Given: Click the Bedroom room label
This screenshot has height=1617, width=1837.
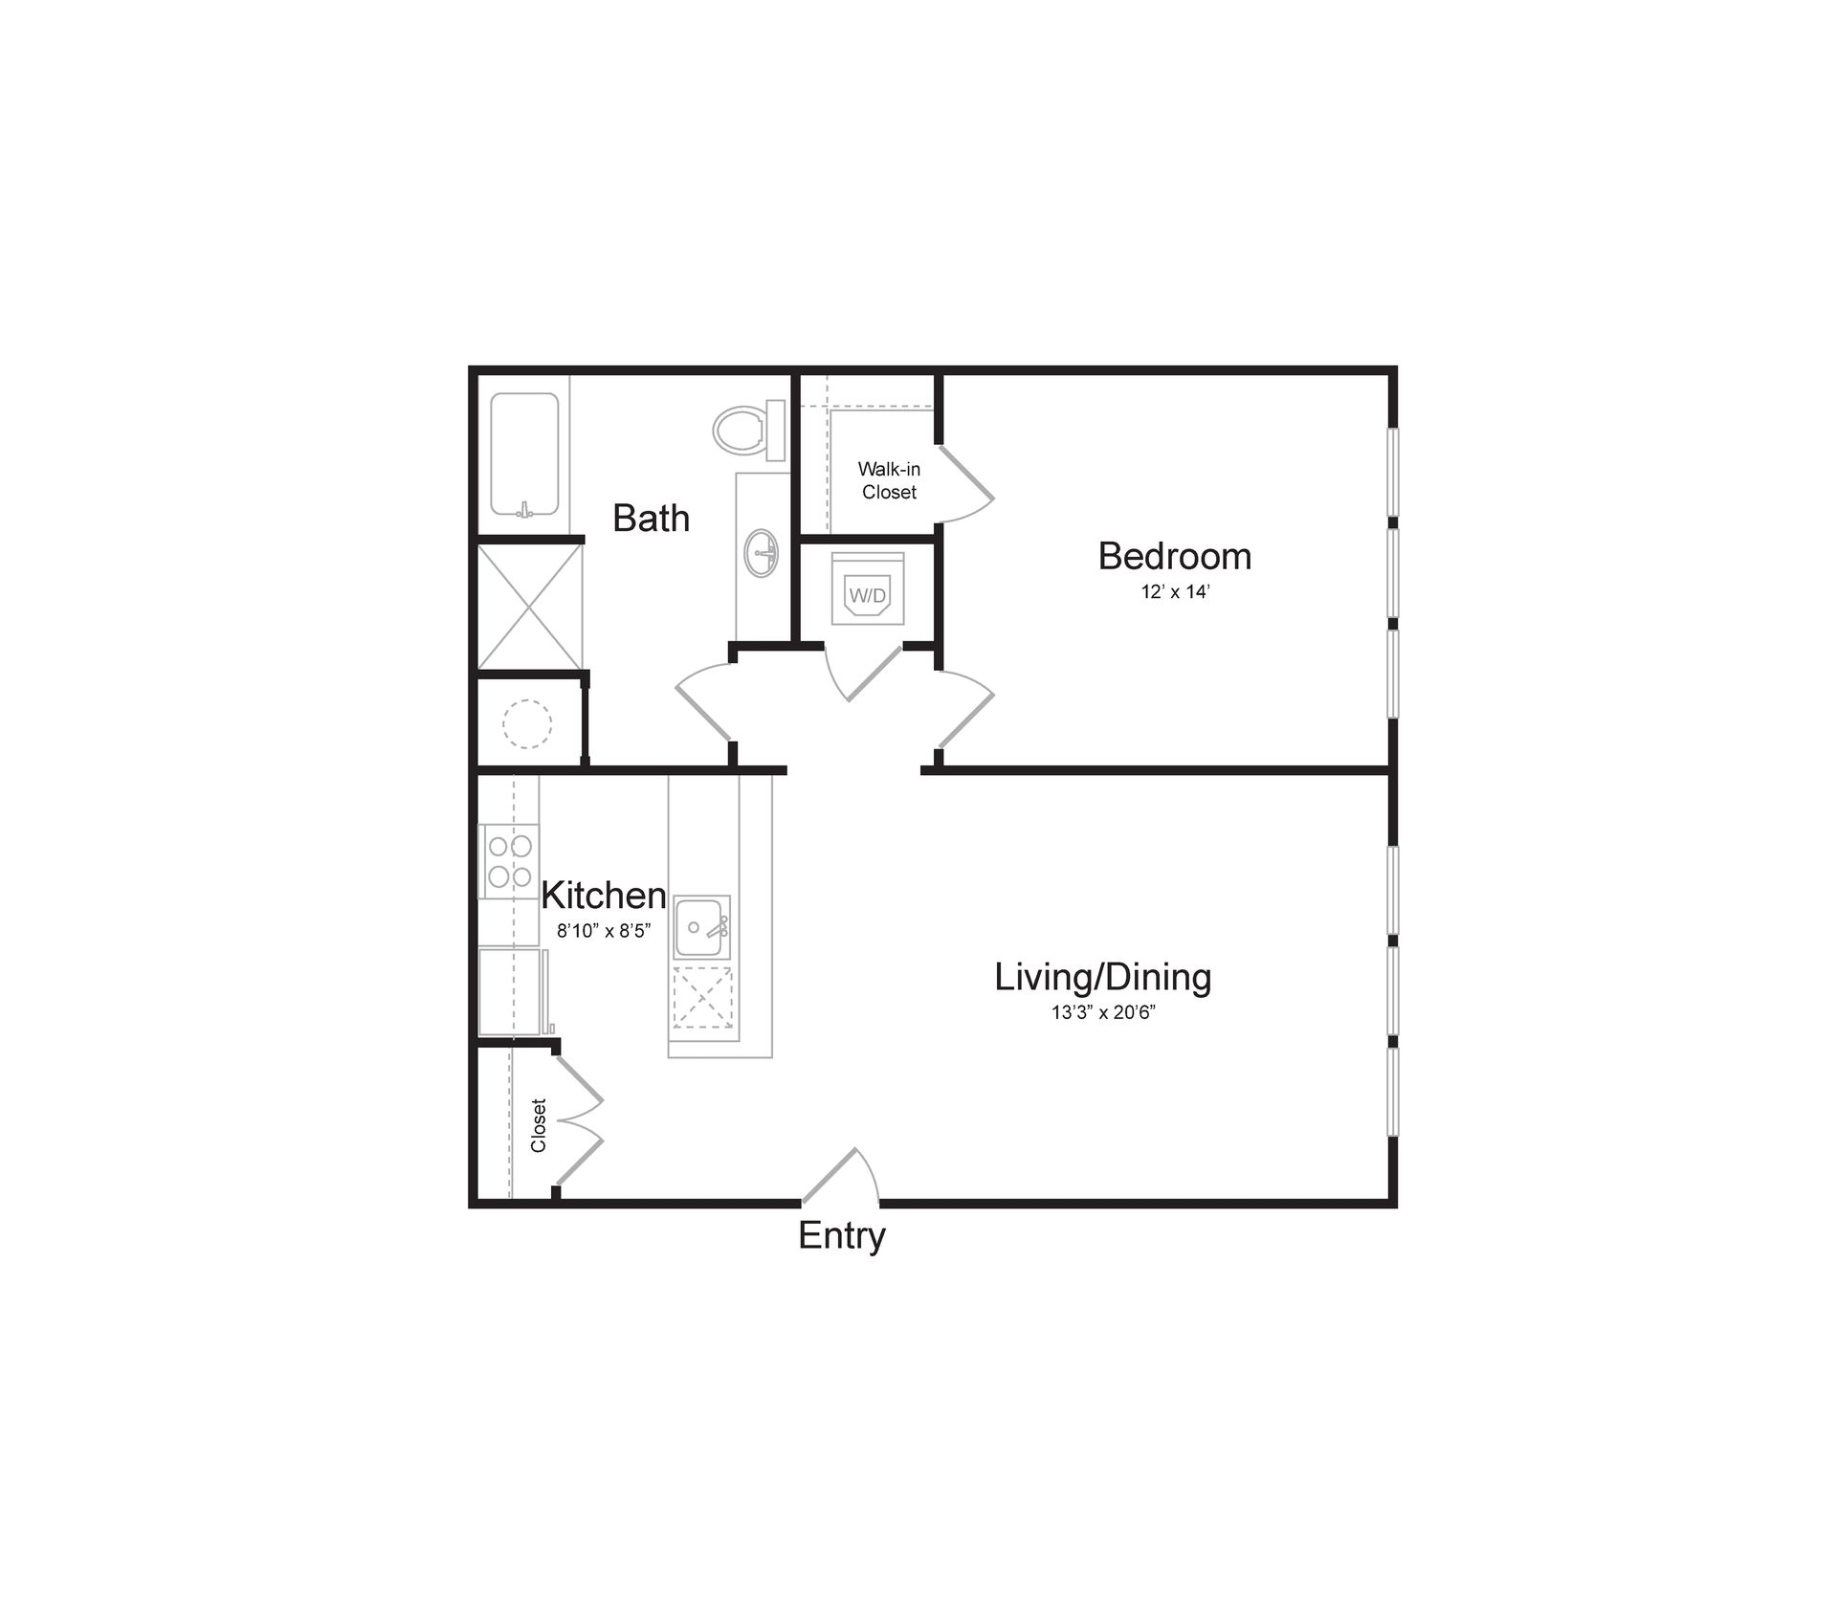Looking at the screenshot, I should point(1174,556).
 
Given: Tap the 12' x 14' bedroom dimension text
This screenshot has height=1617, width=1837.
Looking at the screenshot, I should point(1175,592).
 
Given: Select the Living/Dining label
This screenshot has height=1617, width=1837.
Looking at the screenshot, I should point(1102,977).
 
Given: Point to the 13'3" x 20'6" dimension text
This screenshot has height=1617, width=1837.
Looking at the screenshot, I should point(1103,1012).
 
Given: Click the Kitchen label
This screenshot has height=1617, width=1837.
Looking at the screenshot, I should point(603,896).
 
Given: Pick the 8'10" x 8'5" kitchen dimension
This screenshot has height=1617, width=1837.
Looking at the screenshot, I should point(604,930).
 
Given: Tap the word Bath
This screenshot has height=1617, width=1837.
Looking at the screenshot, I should point(651,518).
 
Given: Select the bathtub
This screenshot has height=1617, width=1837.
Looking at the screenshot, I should point(524,454).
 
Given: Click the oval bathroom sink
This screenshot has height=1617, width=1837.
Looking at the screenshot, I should point(762,553).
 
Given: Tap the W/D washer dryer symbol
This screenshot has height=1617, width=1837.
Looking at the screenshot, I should point(868,594).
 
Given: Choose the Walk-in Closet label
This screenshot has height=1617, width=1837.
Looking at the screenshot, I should point(889,480).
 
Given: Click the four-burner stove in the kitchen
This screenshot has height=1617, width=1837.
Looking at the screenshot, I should point(509,860).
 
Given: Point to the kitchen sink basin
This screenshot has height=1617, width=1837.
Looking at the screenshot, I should point(699,927).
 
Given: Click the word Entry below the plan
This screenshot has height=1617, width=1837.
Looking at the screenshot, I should point(841,1236).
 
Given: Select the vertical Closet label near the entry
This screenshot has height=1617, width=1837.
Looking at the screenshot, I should point(539,1125).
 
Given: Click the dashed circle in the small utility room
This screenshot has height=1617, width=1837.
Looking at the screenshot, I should point(527,724).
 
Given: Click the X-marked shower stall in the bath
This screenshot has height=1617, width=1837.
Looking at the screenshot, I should point(529,607).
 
